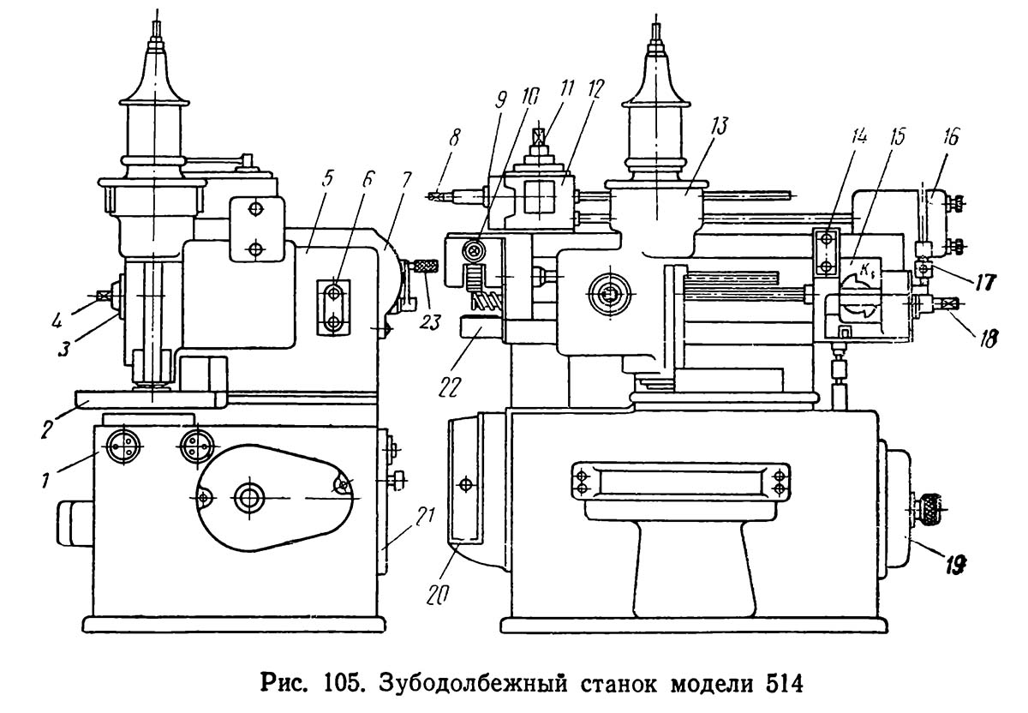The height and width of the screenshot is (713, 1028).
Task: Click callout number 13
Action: pyautogui.click(x=719, y=126)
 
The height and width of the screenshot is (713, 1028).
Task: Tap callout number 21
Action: pyautogui.click(x=427, y=516)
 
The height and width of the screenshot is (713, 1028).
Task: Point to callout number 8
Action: pyautogui.click(x=454, y=137)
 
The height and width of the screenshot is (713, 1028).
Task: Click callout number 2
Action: pyautogui.click(x=47, y=428)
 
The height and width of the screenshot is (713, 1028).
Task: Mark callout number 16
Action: pyautogui.click(x=952, y=136)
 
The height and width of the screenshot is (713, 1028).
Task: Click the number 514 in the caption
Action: pyautogui.click(x=785, y=685)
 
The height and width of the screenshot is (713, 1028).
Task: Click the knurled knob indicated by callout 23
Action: pyautogui.click(x=427, y=266)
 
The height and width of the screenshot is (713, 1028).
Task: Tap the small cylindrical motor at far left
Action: pyautogui.click(x=75, y=523)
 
